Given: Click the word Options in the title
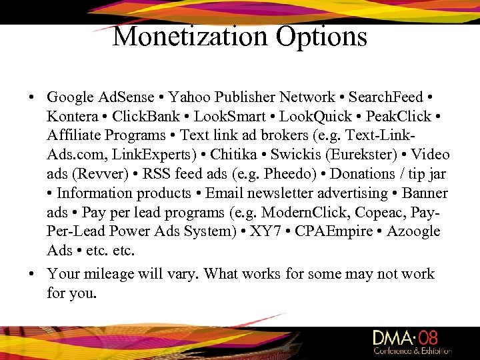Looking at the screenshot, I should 319,36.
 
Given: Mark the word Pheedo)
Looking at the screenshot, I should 295,175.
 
